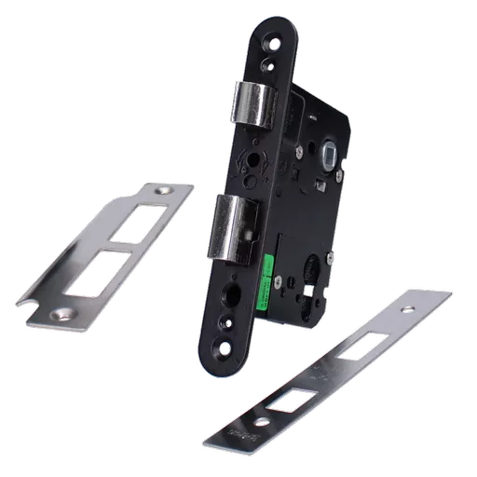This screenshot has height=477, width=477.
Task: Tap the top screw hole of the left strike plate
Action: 168,191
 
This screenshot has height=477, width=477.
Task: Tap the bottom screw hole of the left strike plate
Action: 64,315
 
